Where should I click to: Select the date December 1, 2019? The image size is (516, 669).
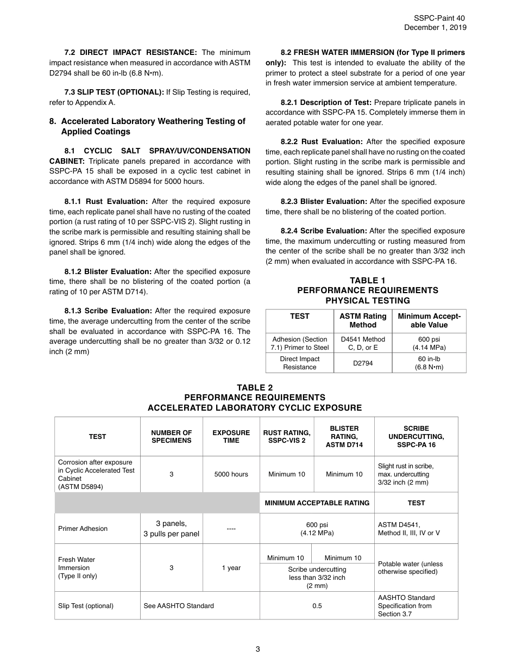[435, 28]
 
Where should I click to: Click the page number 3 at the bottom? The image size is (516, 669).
[257, 649]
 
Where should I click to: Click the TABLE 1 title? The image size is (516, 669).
[367, 281]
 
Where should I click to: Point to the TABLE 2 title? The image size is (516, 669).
[255, 388]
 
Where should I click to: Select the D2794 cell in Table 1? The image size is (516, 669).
[363, 363]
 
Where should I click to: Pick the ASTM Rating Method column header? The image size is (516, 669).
[363, 320]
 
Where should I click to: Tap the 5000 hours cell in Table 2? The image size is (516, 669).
[231, 474]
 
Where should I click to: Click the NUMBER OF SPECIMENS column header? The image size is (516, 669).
[171, 437]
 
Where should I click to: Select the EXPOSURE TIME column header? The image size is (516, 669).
[231, 437]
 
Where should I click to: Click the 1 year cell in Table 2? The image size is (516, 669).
[231, 568]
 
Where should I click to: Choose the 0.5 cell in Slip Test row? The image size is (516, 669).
[317, 606]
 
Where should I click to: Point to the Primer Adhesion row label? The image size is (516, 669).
[83, 529]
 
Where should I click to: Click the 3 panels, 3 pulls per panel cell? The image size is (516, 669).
[171, 529]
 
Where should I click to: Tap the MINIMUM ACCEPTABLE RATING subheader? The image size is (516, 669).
[317, 503]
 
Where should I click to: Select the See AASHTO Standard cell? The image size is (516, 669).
[179, 606]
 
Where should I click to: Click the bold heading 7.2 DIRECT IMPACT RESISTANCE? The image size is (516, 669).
[130, 53]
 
